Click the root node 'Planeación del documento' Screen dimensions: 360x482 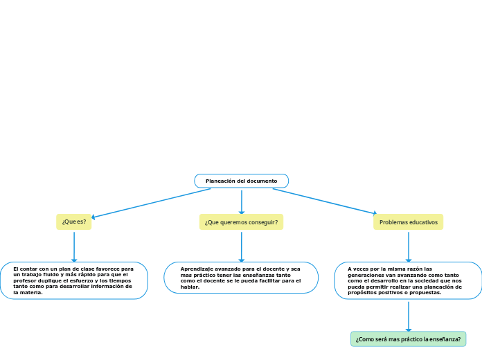tap(241, 181)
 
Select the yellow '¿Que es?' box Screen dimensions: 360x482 tap(73, 222)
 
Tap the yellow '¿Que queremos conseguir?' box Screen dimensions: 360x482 tap(241, 222)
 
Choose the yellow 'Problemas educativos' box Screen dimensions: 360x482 tap(409, 222)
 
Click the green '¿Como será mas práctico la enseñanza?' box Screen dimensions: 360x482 tap(408, 339)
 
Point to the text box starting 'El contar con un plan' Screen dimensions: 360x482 tap(73, 280)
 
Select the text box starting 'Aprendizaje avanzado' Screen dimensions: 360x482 tap(241, 278)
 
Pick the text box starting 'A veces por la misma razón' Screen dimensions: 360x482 tap(408, 280)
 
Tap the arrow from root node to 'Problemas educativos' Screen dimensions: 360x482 tap(325, 201)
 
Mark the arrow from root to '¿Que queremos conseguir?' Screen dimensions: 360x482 tap(241, 201)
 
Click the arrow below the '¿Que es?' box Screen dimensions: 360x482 tap(73, 246)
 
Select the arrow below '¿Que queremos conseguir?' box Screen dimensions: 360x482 tap(241, 246)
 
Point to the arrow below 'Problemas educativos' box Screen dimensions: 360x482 tap(409, 246)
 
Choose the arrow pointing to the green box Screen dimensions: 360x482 tap(409, 316)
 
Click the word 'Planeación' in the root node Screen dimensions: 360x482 tap(220, 181)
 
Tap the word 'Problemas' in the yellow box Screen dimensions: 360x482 tap(393, 222)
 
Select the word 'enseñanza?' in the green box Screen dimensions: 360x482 tap(445, 339)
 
